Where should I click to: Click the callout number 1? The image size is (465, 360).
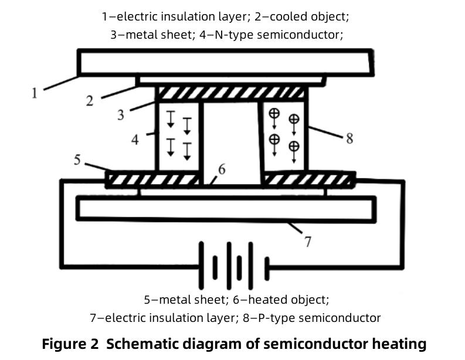35,93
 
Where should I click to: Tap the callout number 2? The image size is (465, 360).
90,100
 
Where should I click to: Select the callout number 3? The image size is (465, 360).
121,114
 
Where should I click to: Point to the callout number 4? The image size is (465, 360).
135,140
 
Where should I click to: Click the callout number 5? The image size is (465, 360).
77,159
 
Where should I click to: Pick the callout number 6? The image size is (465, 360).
221,169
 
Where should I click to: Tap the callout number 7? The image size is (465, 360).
308,241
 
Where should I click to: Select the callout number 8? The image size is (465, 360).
349,139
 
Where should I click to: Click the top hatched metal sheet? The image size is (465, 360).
230,93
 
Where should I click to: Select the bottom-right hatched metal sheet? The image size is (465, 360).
308,179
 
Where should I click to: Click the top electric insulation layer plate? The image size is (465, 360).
225,63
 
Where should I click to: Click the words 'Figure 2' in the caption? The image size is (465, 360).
69,344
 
